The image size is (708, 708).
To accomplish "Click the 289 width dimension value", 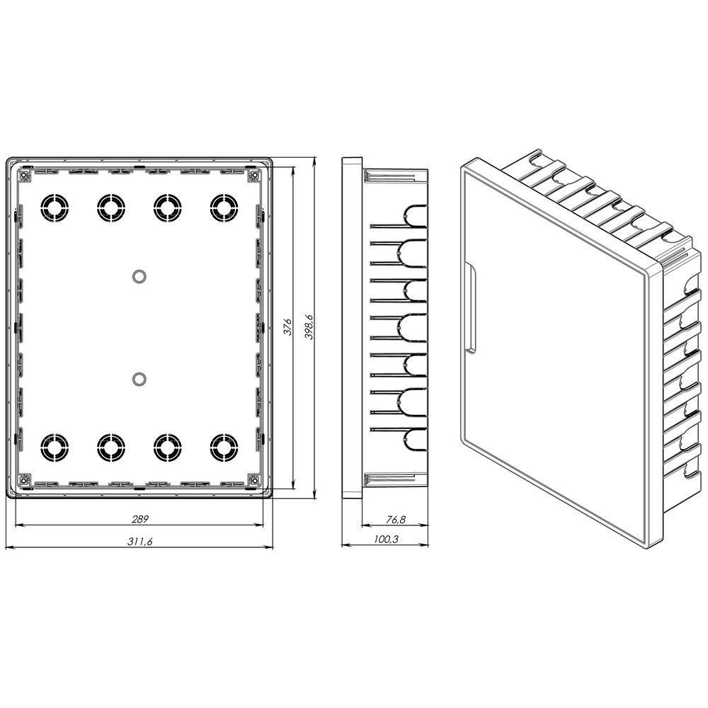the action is (x=140, y=519).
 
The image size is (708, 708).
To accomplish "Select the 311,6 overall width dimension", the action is (x=140, y=542).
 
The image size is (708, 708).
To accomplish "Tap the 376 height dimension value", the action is (x=287, y=327).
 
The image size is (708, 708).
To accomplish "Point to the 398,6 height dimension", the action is (x=309, y=327).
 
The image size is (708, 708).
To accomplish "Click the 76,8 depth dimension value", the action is (x=396, y=519).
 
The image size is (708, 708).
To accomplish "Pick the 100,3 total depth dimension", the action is (x=387, y=539).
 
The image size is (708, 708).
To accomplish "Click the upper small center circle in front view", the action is (x=139, y=276).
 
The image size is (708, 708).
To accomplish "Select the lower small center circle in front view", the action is (x=139, y=379).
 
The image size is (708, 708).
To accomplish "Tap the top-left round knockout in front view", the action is (x=55, y=208).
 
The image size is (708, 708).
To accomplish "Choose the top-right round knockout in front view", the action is (x=224, y=208).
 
